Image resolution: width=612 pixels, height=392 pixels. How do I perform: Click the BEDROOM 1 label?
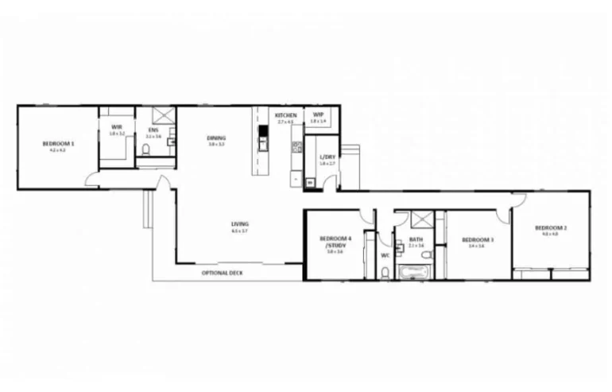[x=58, y=144]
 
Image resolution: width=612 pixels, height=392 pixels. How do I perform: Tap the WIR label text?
[x=116, y=127]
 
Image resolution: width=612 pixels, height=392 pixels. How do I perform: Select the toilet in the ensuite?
[x=146, y=149]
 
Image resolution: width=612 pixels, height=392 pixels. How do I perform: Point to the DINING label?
[x=215, y=138]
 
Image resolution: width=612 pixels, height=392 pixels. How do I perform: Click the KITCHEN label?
[x=285, y=116]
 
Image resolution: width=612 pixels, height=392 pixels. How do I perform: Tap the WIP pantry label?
[x=318, y=115]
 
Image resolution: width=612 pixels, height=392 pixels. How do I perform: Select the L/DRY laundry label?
[x=327, y=157]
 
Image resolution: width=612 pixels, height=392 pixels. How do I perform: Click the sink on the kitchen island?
[x=262, y=144]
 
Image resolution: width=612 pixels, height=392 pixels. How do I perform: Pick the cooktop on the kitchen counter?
[x=296, y=147]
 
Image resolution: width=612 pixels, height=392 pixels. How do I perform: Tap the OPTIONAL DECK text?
[x=223, y=273]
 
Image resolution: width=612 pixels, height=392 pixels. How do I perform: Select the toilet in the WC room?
[x=385, y=273]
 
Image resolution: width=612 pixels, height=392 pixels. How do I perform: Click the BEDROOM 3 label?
[x=477, y=240]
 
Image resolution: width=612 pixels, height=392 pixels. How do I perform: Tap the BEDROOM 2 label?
[x=554, y=227]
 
